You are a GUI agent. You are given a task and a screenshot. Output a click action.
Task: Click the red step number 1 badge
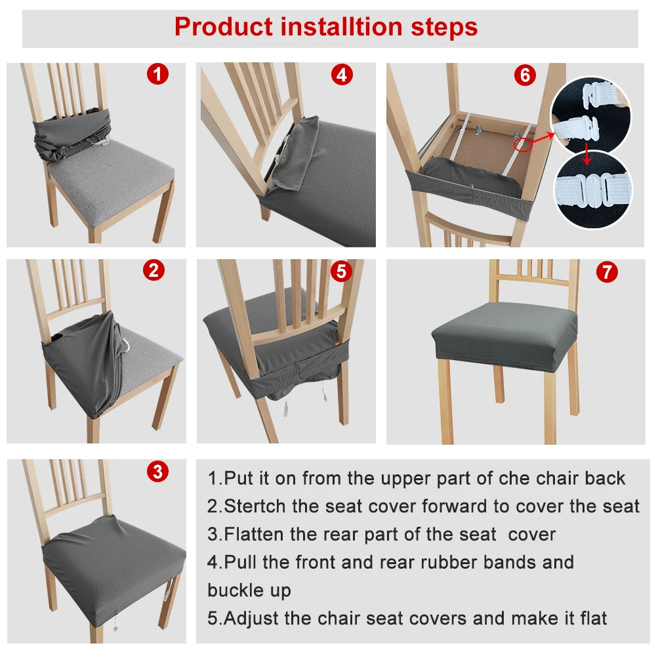(x=157, y=75)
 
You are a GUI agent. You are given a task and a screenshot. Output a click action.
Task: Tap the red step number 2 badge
(x=154, y=270)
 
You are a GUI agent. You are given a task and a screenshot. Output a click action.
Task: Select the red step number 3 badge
(x=157, y=472)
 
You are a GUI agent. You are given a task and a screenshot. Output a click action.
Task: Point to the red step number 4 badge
(x=342, y=75)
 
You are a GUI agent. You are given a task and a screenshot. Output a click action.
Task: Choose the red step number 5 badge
(x=341, y=271)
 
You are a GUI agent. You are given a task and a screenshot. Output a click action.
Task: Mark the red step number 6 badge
(x=525, y=75)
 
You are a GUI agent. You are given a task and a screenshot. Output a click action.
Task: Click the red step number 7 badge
(x=607, y=272)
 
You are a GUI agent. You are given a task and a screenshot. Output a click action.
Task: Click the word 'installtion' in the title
(x=341, y=27)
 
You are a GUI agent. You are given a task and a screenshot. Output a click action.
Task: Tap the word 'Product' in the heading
(x=224, y=27)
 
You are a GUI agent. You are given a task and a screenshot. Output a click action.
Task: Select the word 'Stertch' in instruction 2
(x=256, y=506)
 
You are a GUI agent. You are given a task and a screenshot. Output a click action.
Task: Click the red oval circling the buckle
(x=523, y=145)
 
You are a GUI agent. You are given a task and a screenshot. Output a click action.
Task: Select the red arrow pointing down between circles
(x=587, y=154)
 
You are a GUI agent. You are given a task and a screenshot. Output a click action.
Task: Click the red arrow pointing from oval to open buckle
(x=543, y=137)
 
